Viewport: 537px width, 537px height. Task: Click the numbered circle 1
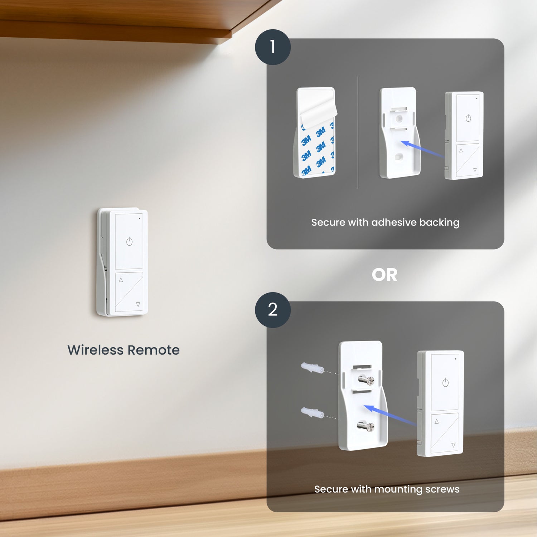[272, 47]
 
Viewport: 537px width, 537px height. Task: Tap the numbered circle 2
[272, 310]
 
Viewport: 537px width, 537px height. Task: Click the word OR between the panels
[384, 275]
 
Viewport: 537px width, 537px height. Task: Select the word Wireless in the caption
[96, 350]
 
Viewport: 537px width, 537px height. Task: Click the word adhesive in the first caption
[394, 222]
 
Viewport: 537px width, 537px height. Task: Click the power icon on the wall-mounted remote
[129, 242]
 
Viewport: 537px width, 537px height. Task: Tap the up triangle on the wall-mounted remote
[121, 280]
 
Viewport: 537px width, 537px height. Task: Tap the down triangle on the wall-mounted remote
[138, 305]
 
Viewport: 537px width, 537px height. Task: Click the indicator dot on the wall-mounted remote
[139, 218]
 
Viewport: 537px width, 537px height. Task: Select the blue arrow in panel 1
[422, 149]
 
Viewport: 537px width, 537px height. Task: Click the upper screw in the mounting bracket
[366, 380]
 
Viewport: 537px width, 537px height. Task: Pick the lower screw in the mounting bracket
[366, 426]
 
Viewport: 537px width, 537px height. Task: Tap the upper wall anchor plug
[312, 368]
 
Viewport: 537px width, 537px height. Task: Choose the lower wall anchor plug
[312, 412]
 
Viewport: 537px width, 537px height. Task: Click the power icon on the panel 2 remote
[445, 383]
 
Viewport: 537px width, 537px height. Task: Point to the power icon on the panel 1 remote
[468, 118]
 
